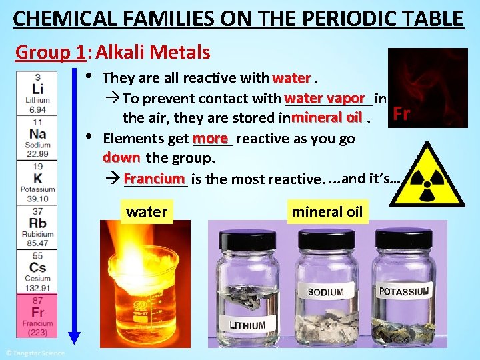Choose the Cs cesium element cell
click(x=38, y=271)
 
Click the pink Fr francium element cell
click(x=38, y=315)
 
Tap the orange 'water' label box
click(x=147, y=212)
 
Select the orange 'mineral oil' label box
click(x=327, y=212)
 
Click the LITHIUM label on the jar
click(x=247, y=325)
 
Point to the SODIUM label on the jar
click(x=325, y=292)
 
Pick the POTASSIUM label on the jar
click(x=404, y=291)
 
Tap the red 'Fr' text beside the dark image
click(x=401, y=113)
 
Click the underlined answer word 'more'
click(x=211, y=138)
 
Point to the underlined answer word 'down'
click(x=121, y=158)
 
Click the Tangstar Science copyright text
click(x=35, y=353)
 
